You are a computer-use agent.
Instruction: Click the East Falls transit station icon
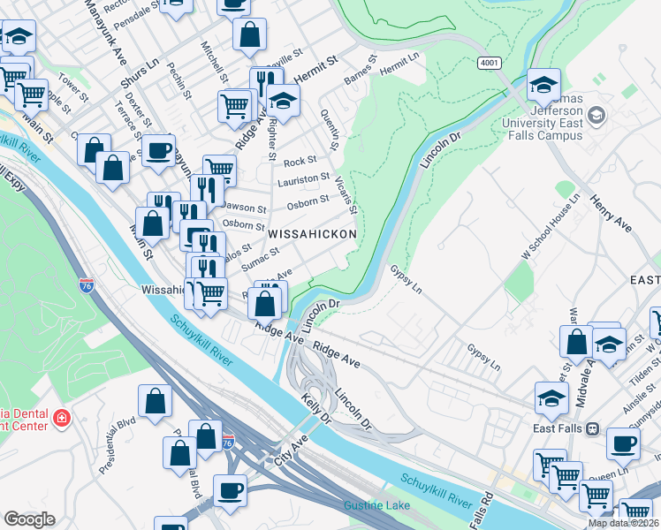click(x=591, y=428)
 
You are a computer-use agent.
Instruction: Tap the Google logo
click(x=28, y=519)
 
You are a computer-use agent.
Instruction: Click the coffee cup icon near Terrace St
click(x=159, y=150)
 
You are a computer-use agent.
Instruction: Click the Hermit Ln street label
click(x=399, y=63)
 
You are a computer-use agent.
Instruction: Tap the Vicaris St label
click(x=346, y=195)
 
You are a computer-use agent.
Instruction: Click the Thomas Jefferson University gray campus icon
click(x=596, y=115)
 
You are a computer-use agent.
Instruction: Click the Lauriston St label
click(x=303, y=180)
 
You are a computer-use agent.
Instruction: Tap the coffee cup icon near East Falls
click(x=623, y=443)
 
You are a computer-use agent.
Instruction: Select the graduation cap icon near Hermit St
click(x=283, y=102)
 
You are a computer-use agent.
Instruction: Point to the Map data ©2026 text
click(x=624, y=523)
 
